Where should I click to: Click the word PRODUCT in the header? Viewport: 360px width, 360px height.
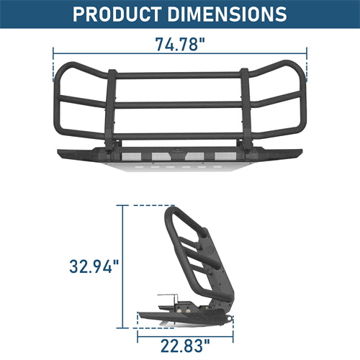[x=117, y=14]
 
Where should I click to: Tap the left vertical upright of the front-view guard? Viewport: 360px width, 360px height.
[x=112, y=108]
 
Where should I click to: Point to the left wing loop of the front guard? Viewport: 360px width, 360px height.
[x=76, y=101]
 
